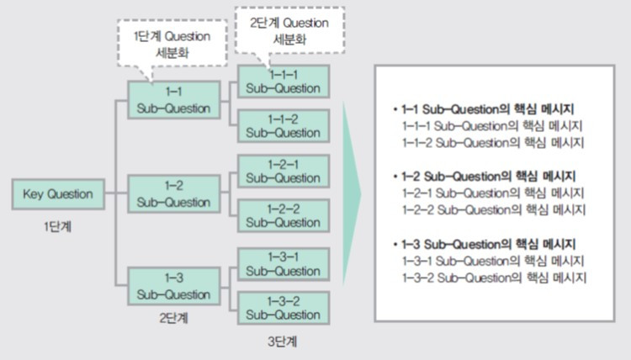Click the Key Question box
[58, 194]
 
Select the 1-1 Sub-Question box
[174, 100]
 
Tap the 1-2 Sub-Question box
[174, 193]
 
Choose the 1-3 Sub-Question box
[174, 286]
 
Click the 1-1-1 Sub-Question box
[284, 82]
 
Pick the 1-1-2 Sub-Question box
[284, 126]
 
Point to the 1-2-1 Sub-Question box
[284, 172]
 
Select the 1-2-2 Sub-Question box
[284, 215]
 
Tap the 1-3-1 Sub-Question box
[284, 264]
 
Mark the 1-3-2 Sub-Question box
[284, 309]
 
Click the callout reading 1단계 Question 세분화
[172, 44]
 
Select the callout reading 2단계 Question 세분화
[289, 30]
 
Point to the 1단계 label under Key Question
[57, 227]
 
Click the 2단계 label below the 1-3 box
[173, 318]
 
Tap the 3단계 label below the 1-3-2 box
[283, 341]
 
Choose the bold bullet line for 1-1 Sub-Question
[484, 109]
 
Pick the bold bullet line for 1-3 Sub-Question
[485, 244]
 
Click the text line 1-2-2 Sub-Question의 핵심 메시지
[494, 210]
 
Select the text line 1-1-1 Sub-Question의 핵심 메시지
[492, 126]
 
